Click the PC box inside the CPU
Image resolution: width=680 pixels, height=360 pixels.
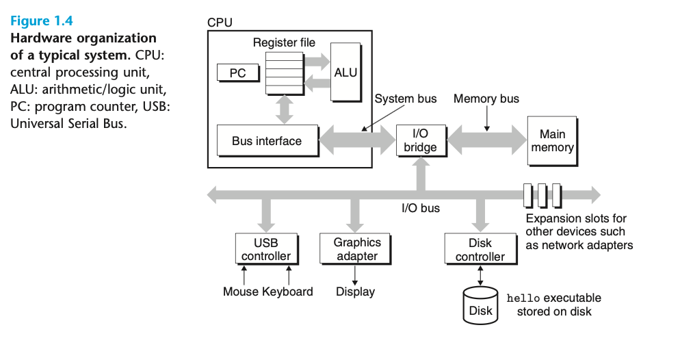(237, 72)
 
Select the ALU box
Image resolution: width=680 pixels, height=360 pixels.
(345, 72)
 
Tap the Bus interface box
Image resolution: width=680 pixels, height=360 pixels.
(267, 141)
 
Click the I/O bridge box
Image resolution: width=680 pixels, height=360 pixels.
(421, 141)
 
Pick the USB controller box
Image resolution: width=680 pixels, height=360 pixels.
(266, 249)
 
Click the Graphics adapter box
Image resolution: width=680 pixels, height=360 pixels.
(357, 249)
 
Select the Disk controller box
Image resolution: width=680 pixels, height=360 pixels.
(480, 250)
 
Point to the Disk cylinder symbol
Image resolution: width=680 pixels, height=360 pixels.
(480, 305)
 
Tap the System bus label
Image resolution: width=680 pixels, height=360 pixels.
(405, 99)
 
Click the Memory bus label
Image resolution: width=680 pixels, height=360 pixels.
(486, 99)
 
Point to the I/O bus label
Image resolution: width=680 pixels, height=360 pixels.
(421, 207)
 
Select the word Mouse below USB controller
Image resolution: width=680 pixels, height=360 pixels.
(241, 292)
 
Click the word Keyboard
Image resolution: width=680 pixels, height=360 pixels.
(288, 292)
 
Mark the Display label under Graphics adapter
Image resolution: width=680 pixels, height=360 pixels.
(356, 292)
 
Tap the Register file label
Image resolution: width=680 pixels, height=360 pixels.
(284, 42)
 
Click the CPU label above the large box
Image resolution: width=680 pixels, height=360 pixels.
(220, 23)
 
